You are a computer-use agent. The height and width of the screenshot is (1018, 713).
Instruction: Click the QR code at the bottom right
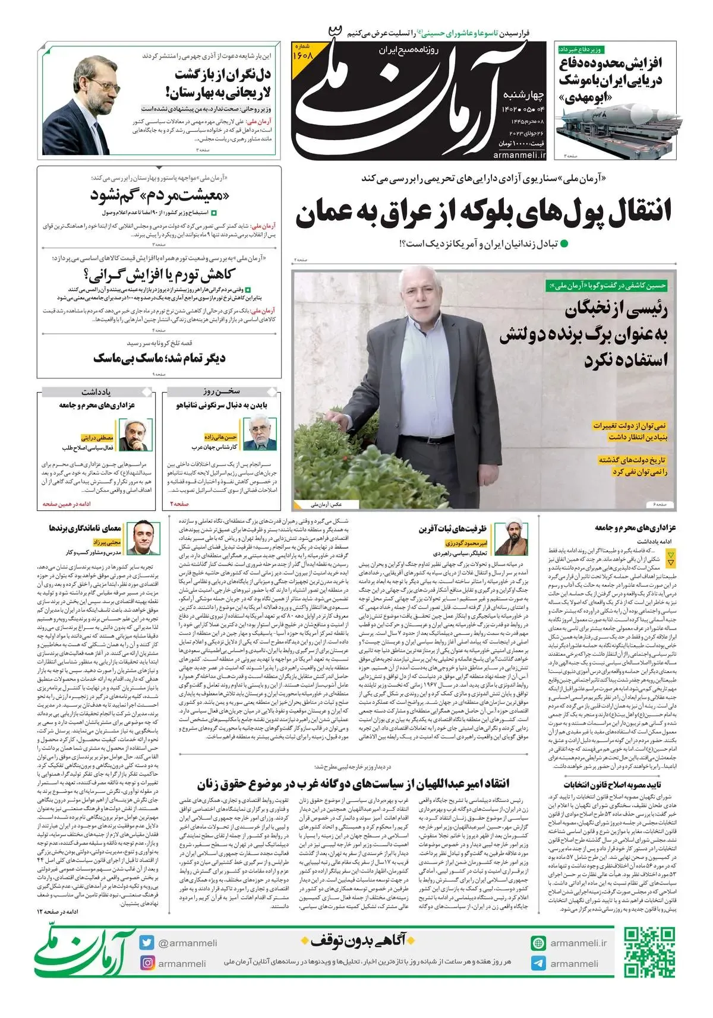tap(649, 953)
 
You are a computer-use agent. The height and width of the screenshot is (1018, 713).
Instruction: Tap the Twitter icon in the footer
tap(147, 943)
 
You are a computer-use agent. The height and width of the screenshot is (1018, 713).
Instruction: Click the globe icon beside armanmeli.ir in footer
tap(538, 943)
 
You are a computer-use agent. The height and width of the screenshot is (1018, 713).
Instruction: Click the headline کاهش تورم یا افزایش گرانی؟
tap(160, 275)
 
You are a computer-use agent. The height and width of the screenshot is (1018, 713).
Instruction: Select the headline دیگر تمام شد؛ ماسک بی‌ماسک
tap(159, 358)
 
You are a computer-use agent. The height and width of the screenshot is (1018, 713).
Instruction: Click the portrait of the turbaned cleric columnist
tap(512, 539)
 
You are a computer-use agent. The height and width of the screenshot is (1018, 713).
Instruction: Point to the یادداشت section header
tap(97, 392)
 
